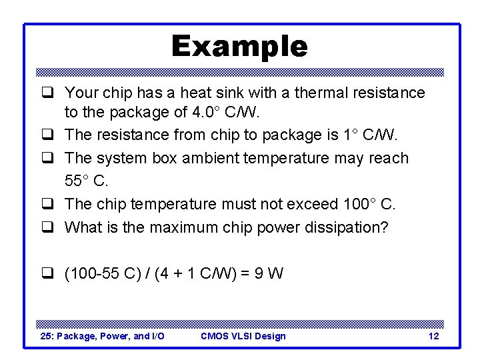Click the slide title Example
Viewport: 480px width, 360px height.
[x=239, y=47]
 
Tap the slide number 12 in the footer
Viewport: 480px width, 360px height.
[x=433, y=336]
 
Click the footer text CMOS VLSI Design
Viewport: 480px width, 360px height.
[x=243, y=336]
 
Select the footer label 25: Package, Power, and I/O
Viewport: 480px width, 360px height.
[x=102, y=336]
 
